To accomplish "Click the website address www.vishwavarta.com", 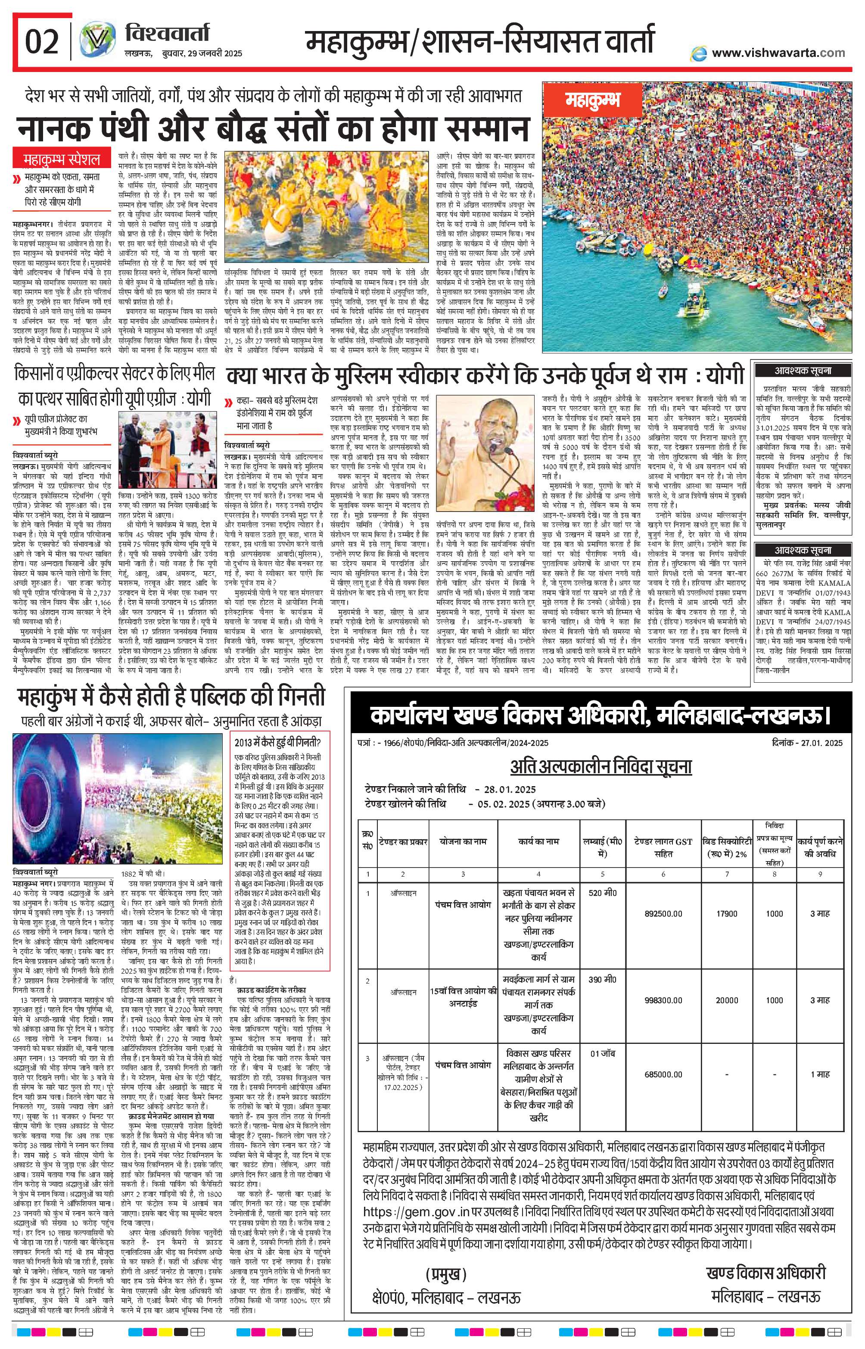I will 778,53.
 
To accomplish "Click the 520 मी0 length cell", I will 603,892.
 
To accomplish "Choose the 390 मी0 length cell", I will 603,979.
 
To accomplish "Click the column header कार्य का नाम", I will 538,842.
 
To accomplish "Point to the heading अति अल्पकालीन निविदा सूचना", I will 601,766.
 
